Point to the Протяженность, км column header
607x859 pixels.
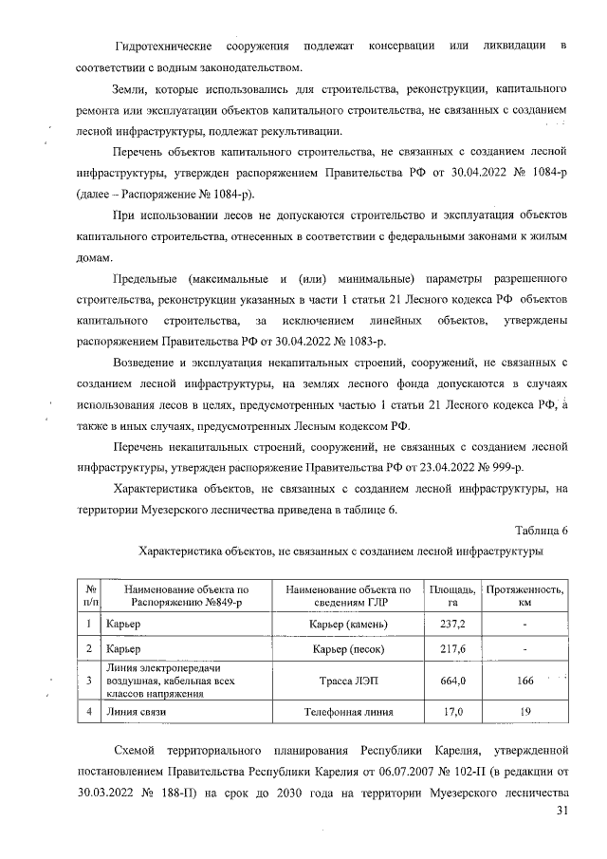coord(524,595)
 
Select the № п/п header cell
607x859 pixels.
coord(90,595)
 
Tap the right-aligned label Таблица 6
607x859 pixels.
coord(542,530)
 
